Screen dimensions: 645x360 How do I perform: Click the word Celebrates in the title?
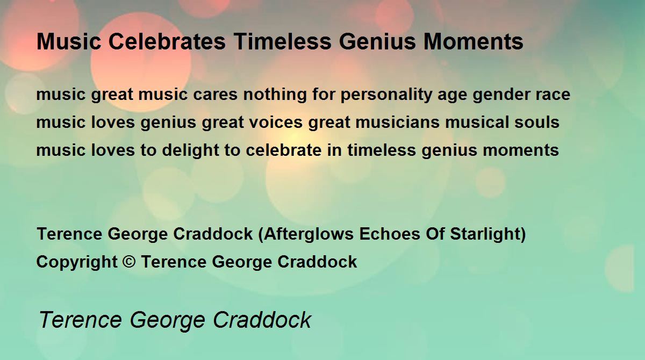(x=167, y=41)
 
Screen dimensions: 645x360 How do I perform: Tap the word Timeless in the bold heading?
(x=283, y=41)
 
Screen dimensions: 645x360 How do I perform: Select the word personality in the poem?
(x=386, y=95)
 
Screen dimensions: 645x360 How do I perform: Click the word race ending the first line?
(x=553, y=95)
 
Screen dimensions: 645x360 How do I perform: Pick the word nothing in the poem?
(x=275, y=95)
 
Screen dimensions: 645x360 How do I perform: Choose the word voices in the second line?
(x=276, y=122)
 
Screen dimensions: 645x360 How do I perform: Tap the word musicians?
(x=397, y=122)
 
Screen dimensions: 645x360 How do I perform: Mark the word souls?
(x=537, y=122)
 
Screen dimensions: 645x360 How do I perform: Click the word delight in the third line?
(x=191, y=150)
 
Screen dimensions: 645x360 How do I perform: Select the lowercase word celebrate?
(x=284, y=150)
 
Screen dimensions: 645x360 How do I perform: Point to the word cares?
(x=215, y=95)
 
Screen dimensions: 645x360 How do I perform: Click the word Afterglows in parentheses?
(x=309, y=234)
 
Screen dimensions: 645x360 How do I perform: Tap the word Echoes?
(x=390, y=234)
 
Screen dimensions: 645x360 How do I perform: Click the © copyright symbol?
(x=129, y=262)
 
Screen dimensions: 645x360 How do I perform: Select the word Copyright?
(x=77, y=262)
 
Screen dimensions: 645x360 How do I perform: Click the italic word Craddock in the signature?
(x=262, y=320)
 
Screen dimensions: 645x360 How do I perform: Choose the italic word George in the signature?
(x=168, y=321)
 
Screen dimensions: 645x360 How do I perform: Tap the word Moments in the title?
(x=473, y=41)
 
